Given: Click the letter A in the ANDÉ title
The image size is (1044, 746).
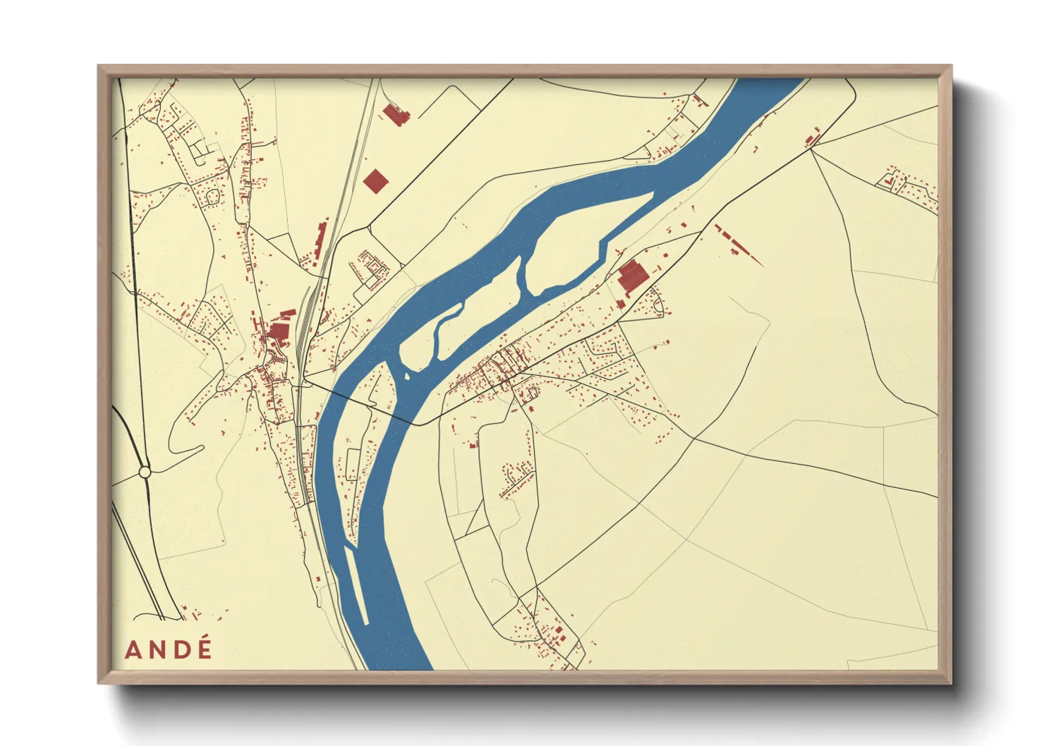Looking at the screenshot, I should coord(132,649).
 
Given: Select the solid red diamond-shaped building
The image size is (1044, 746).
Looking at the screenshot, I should coord(376,181).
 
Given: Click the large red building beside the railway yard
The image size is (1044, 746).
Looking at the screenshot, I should coord(277,330).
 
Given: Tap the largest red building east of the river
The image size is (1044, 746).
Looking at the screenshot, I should coord(633,276).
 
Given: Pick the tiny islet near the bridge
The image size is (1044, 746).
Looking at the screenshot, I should coord(407,376).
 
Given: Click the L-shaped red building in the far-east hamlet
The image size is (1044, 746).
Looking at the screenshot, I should coord(890,182).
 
